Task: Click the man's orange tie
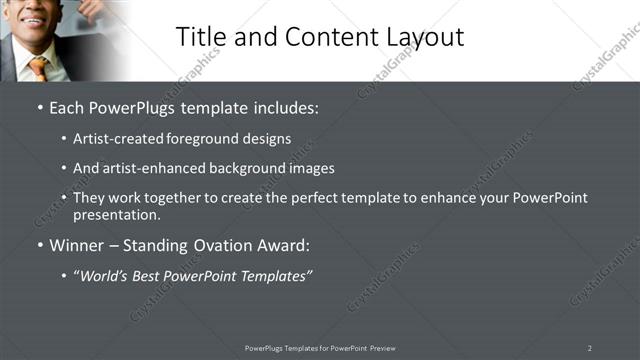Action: (38, 67)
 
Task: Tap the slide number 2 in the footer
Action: (590, 348)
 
